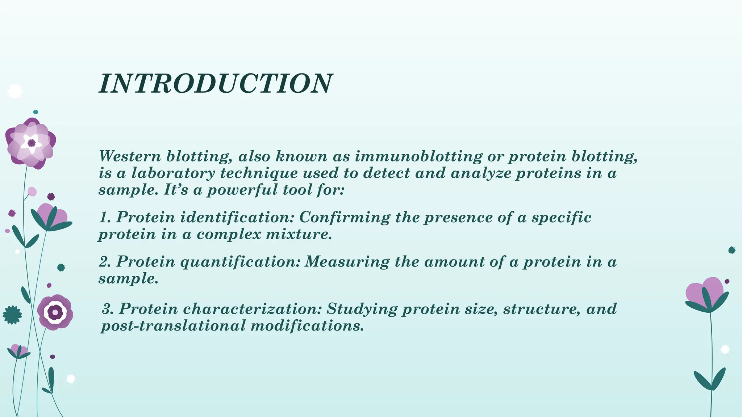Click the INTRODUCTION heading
(x=215, y=84)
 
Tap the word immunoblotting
(x=418, y=156)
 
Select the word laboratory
(x=173, y=173)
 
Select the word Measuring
(x=347, y=262)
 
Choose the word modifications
(x=307, y=326)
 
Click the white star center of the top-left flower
(x=31, y=143)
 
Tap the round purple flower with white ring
(x=55, y=312)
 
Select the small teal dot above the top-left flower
(x=36, y=112)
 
